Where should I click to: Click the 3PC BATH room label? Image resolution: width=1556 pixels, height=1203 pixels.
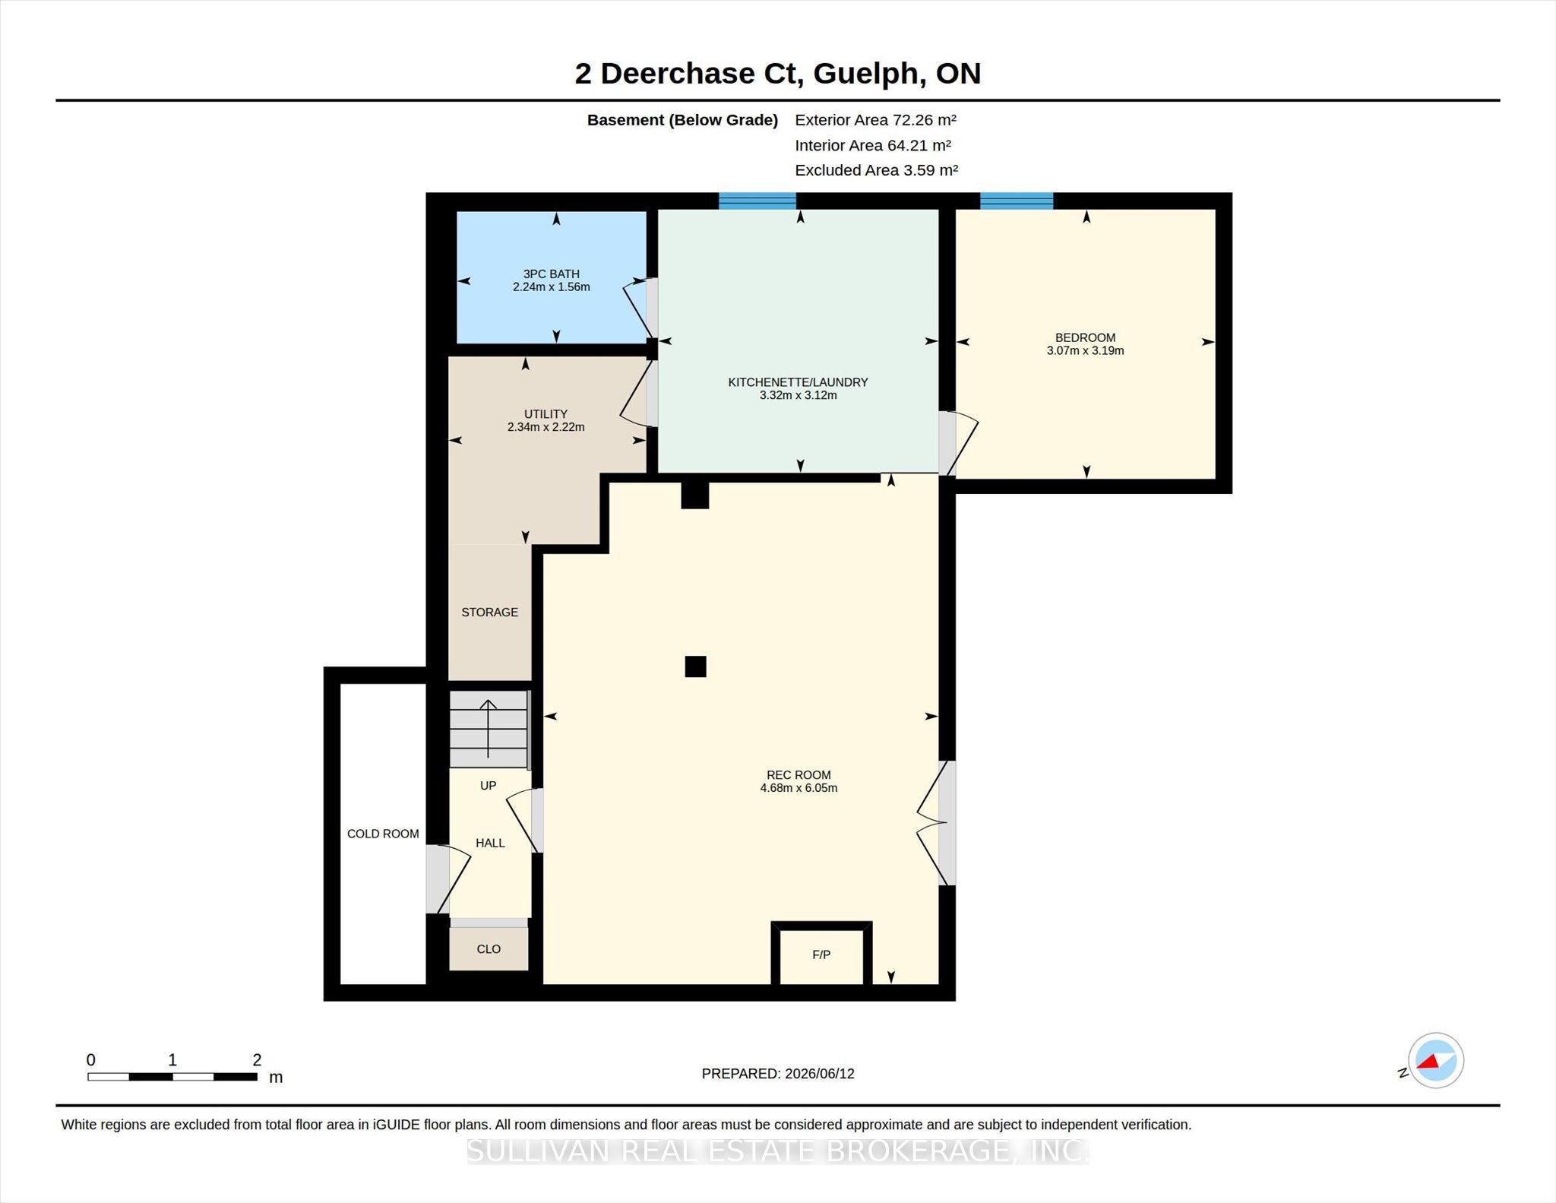pos(551,274)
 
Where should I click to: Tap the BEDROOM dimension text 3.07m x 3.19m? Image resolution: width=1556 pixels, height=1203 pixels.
pos(1085,350)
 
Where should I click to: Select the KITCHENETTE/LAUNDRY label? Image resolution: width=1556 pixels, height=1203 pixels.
pos(798,382)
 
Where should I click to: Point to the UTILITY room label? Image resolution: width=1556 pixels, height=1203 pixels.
pos(546,414)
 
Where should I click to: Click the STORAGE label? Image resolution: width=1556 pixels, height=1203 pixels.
pos(489,612)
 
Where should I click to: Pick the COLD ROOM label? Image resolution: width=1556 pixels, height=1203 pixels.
pos(383,834)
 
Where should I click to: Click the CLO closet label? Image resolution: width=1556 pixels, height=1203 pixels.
pos(489,948)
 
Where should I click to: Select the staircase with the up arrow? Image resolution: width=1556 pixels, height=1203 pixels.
pos(489,729)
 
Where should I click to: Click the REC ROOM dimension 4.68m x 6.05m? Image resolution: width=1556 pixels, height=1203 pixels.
pos(799,788)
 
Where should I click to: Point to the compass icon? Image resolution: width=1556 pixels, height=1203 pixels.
pos(1435,1061)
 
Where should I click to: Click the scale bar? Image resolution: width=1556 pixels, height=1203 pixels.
pos(172,1076)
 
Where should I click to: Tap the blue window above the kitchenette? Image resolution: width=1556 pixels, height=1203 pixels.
pos(757,201)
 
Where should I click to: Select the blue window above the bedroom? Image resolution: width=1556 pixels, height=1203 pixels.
pos(1017,201)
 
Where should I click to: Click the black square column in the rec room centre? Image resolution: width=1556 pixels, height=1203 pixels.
pos(695,666)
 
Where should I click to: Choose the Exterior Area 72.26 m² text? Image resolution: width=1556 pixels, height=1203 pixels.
pos(875,119)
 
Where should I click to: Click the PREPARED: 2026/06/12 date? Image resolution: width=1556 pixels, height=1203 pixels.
pos(778,1074)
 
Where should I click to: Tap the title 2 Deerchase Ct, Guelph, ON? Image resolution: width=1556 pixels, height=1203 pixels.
pos(778,74)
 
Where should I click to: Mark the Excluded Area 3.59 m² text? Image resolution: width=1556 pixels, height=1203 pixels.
pos(876,170)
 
